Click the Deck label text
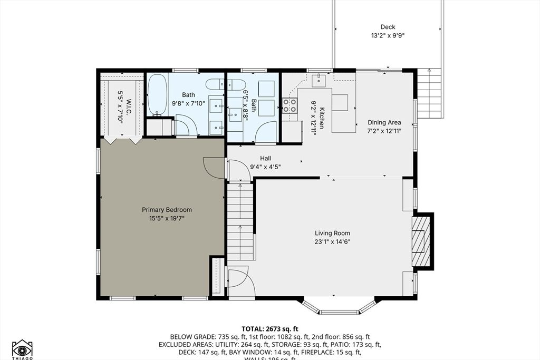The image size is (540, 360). click(388, 27)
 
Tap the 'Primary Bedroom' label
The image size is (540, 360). click(167, 209)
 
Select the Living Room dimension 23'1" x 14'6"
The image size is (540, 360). click(332, 242)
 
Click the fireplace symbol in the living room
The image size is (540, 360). click(419, 241)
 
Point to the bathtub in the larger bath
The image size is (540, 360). click(157, 95)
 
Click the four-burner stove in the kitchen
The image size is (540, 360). click(290, 106)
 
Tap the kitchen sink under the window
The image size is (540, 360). click(319, 80)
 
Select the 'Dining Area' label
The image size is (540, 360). click(384, 122)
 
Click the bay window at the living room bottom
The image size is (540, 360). click(339, 308)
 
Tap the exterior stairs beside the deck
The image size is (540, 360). click(428, 93)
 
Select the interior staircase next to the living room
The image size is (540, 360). click(240, 220)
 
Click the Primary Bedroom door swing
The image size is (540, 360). click(214, 168)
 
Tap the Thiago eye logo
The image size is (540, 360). click(22, 349)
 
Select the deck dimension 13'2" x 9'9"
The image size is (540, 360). click(388, 36)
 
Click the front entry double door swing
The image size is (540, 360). click(240, 283)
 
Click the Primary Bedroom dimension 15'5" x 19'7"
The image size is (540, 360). click(167, 218)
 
